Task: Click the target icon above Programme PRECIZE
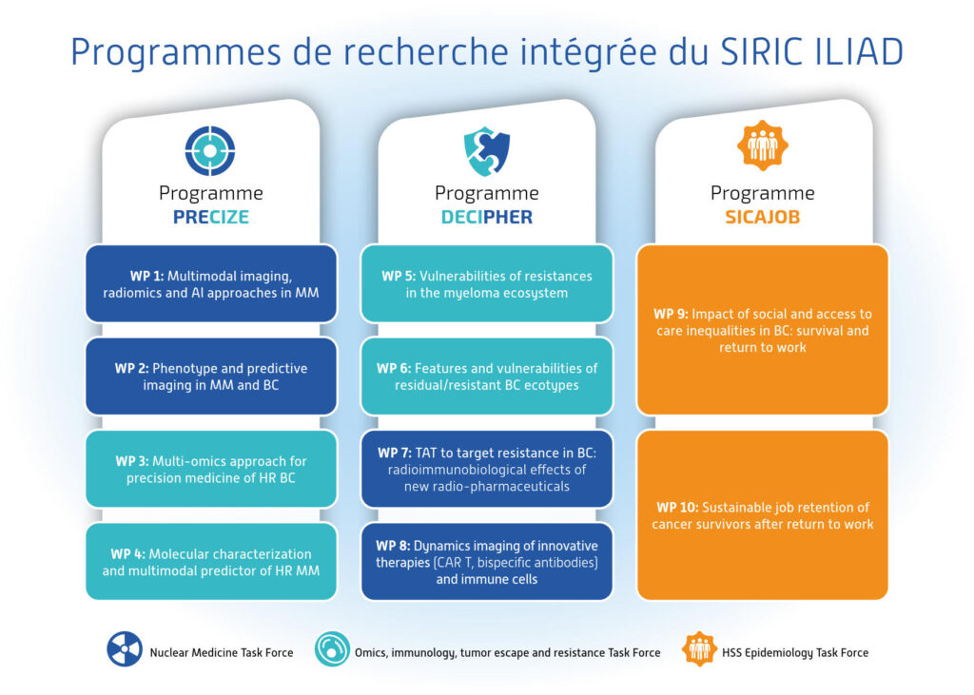pyautogui.click(x=210, y=151)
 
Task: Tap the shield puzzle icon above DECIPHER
pyautogui.click(x=486, y=151)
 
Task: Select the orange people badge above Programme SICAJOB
pyautogui.click(x=762, y=146)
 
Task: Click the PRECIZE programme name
pyautogui.click(x=210, y=218)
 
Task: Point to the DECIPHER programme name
pyautogui.click(x=486, y=218)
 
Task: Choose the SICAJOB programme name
pyautogui.click(x=762, y=218)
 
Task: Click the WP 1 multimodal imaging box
pyautogui.click(x=211, y=284)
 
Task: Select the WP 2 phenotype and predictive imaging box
pyautogui.click(x=211, y=376)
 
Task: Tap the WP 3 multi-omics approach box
pyautogui.click(x=211, y=469)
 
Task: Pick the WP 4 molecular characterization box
pyautogui.click(x=211, y=562)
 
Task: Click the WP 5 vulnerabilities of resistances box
pyautogui.click(x=487, y=284)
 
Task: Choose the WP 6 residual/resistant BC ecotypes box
pyautogui.click(x=487, y=376)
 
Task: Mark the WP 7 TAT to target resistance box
pyautogui.click(x=487, y=469)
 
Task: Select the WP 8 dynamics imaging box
pyautogui.click(x=487, y=562)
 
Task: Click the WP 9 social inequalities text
pyautogui.click(x=763, y=331)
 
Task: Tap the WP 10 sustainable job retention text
pyautogui.click(x=763, y=515)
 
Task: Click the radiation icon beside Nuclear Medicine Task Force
pyautogui.click(x=125, y=649)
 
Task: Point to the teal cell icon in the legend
pyautogui.click(x=332, y=649)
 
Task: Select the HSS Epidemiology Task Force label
pyautogui.click(x=795, y=653)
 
